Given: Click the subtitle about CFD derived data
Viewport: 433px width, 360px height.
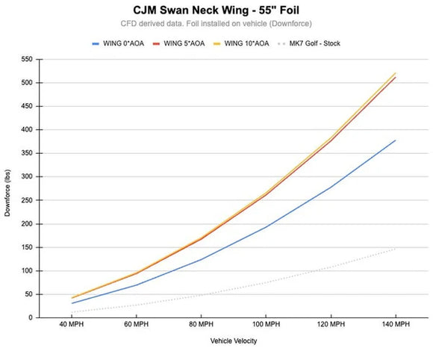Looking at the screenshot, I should [216, 24].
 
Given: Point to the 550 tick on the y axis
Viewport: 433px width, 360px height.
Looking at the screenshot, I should [28, 59].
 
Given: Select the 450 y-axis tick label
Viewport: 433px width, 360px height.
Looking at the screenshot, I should [28, 106].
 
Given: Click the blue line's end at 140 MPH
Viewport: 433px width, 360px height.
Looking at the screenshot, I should [395, 140].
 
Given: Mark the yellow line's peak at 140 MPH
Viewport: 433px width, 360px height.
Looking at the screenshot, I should [395, 73].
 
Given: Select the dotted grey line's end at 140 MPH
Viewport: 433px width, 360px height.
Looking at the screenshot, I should [395, 249].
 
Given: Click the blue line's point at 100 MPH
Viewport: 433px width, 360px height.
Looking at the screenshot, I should [265, 227].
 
